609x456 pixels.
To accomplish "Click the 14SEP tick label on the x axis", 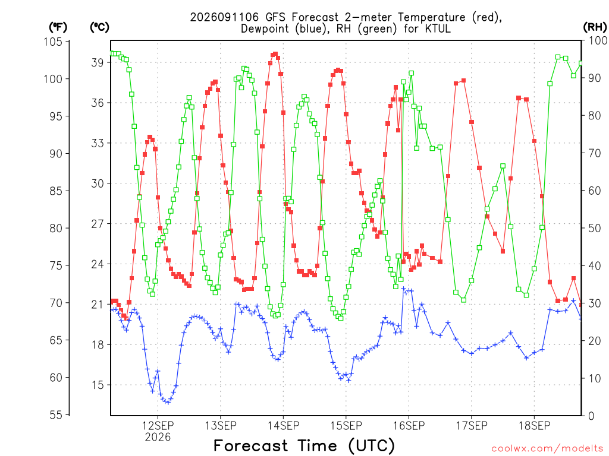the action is point(284,426).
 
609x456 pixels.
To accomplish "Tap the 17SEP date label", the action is point(472,426).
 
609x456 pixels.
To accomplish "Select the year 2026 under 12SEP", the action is point(158,438).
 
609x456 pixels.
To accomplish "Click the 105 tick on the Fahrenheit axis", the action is point(53,42).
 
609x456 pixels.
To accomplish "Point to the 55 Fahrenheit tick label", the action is point(56,415).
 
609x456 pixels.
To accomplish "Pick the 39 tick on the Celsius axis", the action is point(98,62).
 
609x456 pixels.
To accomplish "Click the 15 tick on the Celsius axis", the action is point(98,385).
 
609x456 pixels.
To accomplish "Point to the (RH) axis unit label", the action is point(595,27).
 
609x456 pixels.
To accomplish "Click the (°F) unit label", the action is point(58,27).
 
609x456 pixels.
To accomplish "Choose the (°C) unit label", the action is point(99,27).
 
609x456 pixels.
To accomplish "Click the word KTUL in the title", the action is point(438,28).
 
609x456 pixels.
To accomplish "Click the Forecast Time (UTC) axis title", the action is point(304,446).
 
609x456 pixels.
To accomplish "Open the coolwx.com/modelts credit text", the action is point(547,449).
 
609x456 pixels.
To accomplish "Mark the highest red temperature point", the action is point(276,54).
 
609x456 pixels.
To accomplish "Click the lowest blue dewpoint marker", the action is point(168,403).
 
